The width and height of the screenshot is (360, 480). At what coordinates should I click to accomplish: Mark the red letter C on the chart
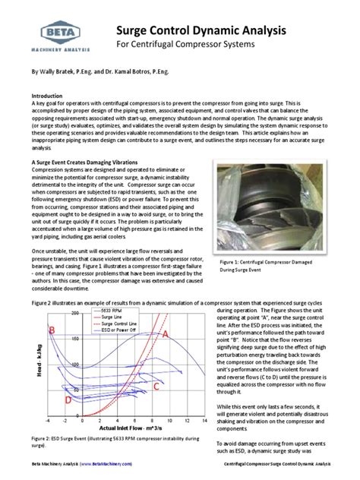tap(156, 387)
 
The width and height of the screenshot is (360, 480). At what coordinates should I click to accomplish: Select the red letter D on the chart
tap(68, 399)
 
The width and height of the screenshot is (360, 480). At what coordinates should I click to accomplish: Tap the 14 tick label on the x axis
tap(204, 419)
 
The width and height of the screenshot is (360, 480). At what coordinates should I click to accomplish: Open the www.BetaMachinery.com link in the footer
tap(110, 463)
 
